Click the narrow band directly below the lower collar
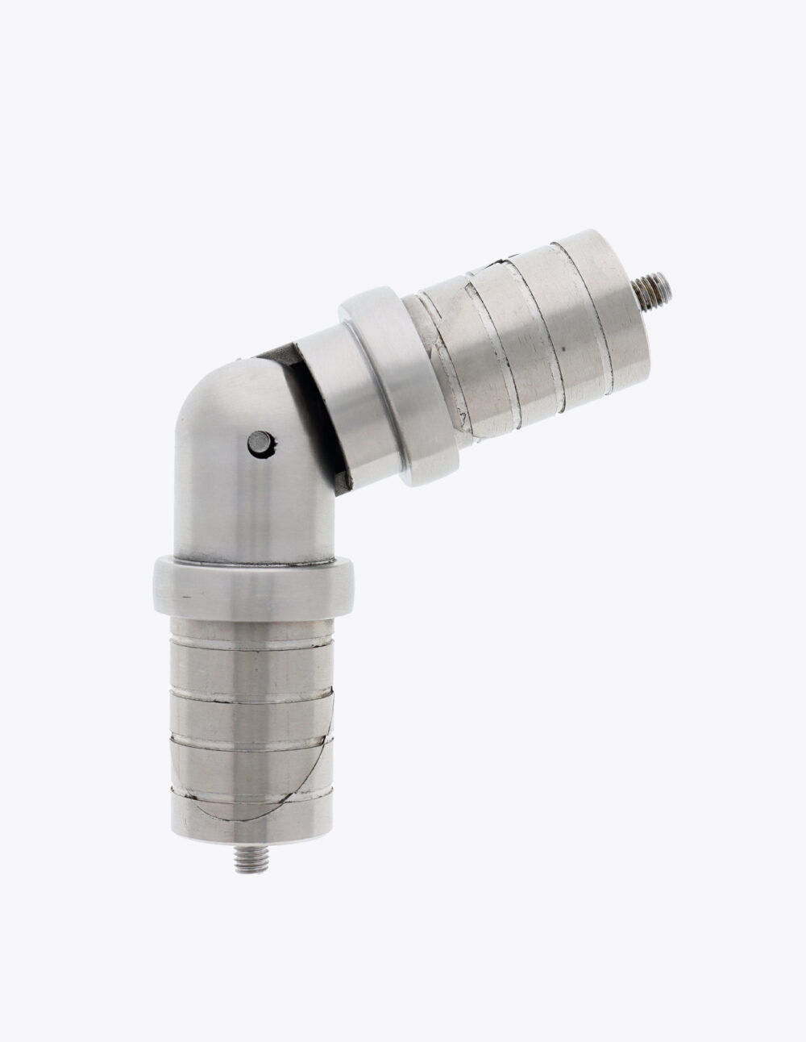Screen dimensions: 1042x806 tap(251, 625)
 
